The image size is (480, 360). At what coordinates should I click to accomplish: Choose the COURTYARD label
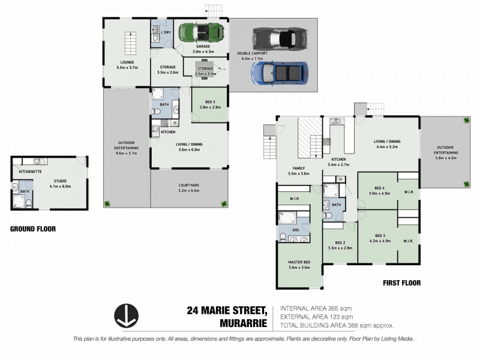[x=189, y=185]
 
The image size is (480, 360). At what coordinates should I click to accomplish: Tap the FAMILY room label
[x=298, y=169]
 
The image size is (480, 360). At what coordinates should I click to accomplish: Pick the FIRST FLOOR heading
[x=401, y=283]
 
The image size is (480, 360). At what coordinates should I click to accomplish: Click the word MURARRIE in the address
[x=246, y=324]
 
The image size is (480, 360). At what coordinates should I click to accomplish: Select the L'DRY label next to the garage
[x=166, y=32]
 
